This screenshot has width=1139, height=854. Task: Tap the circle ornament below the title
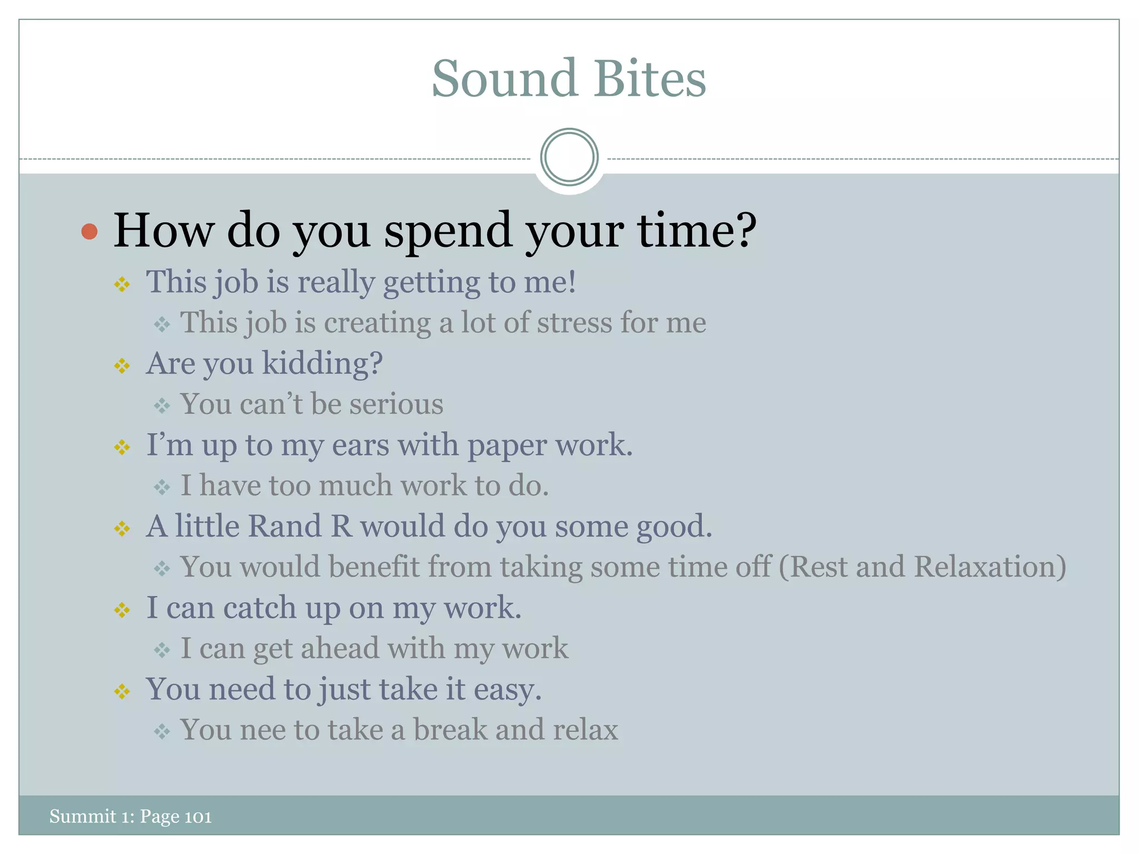(x=569, y=157)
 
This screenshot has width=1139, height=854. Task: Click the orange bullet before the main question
(x=89, y=231)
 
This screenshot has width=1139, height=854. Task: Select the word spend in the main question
(x=448, y=231)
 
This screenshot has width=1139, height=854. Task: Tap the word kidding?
(x=322, y=364)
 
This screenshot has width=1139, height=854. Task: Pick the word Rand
(x=285, y=526)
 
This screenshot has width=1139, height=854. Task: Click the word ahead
(x=340, y=648)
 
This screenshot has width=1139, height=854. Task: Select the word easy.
(x=507, y=690)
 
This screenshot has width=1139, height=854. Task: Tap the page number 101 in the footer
(x=198, y=817)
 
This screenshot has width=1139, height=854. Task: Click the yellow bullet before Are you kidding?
(x=122, y=366)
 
